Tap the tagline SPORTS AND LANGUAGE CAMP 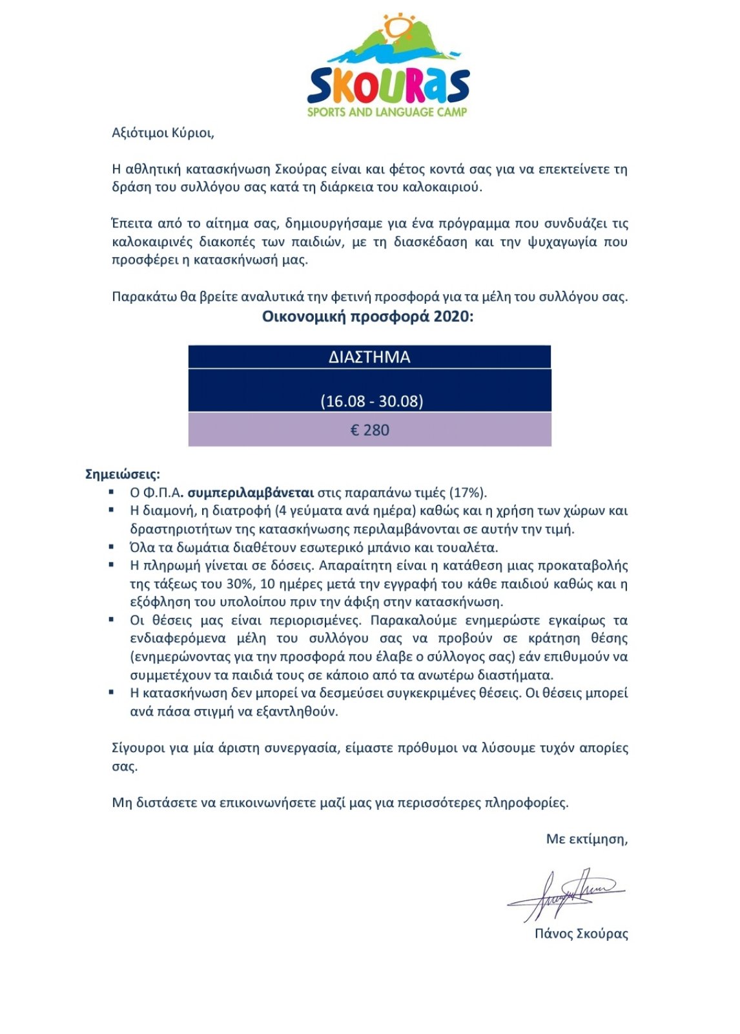coord(387,112)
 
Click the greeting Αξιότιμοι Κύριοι coord(163,133)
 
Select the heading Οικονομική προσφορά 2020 coord(367,317)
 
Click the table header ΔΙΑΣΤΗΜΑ coord(369,357)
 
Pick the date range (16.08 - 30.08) coord(371,401)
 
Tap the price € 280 coord(369,430)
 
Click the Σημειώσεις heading coord(123,474)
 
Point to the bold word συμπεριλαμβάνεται coord(251,492)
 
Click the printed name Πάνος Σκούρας coord(581,933)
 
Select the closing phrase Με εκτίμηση coord(586,839)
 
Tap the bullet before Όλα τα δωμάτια coord(112,547)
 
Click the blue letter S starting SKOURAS coord(322,87)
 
